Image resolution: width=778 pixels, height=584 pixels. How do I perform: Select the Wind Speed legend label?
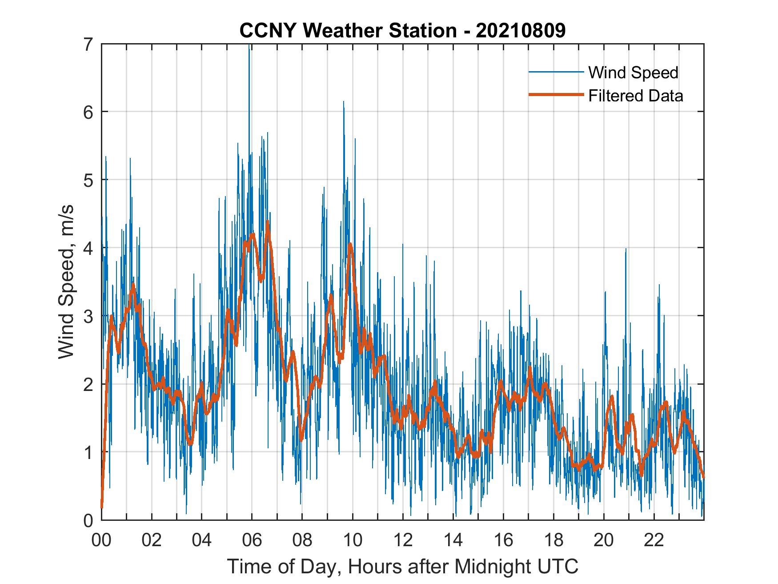click(633, 72)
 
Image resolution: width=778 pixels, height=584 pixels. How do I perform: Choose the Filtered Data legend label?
click(635, 96)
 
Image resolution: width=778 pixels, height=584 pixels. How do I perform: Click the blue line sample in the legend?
click(555, 72)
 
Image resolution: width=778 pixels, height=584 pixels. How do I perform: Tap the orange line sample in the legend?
click(555, 95)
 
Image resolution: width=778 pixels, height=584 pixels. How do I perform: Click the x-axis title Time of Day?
click(403, 567)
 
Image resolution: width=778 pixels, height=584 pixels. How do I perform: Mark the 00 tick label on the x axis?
click(101, 540)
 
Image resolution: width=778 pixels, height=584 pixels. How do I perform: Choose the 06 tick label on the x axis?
click(252, 540)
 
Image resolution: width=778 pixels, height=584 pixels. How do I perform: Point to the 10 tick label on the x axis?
click(353, 540)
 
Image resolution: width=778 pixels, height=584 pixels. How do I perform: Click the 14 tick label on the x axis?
click(453, 540)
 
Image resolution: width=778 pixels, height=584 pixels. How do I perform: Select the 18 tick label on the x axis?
click(553, 540)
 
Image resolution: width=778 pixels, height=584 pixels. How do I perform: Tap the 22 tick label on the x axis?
click(654, 540)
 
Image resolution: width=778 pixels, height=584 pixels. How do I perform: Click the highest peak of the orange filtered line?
click(267, 222)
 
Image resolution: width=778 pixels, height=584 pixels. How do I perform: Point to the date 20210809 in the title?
click(521, 31)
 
